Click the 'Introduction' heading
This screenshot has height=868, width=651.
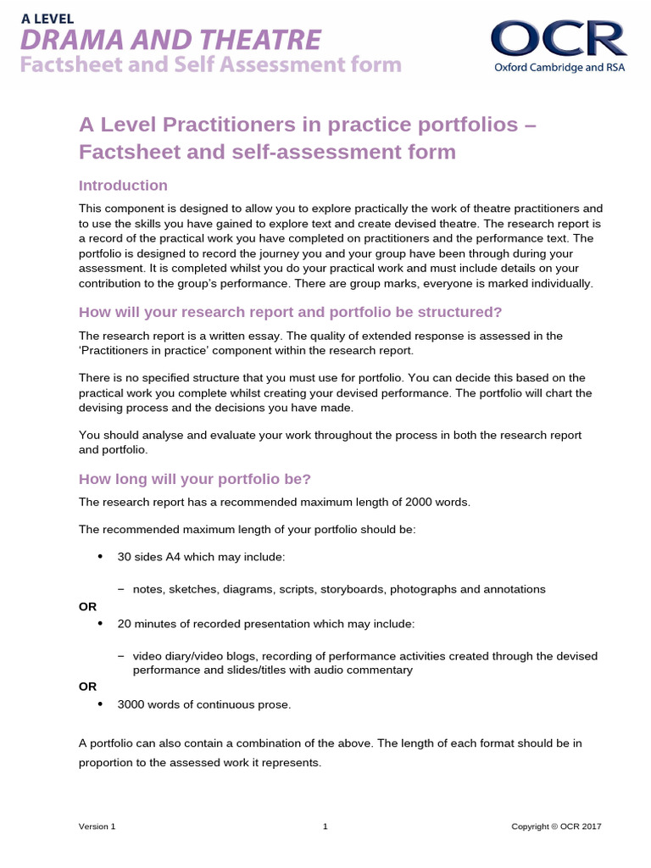click(123, 186)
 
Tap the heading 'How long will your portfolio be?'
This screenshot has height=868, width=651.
click(195, 479)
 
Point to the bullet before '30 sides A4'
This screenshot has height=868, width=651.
click(100, 556)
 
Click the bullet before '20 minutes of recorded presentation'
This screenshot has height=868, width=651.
click(100, 623)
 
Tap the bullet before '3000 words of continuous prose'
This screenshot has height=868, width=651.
click(100, 704)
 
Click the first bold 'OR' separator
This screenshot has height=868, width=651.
click(88, 606)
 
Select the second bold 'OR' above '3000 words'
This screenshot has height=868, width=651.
click(88, 686)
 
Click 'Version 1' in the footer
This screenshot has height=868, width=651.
click(97, 826)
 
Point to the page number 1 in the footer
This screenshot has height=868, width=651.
click(325, 826)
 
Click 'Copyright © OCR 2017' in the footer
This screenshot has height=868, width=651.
click(556, 826)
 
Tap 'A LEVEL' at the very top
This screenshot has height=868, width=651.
click(48, 18)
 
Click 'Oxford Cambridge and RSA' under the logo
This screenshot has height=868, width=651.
click(559, 67)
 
